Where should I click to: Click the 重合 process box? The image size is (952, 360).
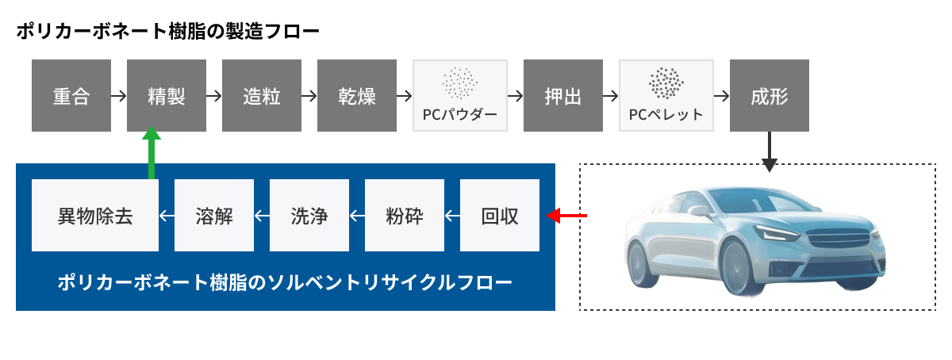click(x=71, y=96)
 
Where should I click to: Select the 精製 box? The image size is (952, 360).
click(x=167, y=96)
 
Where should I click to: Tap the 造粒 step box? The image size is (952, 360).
click(x=262, y=96)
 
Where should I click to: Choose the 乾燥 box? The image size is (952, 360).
click(x=357, y=96)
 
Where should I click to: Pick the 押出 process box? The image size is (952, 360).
click(x=563, y=96)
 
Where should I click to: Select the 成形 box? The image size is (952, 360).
click(x=770, y=96)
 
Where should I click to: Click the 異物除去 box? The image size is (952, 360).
click(x=95, y=216)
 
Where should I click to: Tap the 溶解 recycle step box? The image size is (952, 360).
click(x=214, y=216)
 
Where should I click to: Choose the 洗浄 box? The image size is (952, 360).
click(x=309, y=216)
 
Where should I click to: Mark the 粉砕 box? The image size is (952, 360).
click(x=405, y=216)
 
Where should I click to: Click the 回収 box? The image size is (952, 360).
click(x=500, y=216)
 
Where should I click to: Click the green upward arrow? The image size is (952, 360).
click(x=152, y=155)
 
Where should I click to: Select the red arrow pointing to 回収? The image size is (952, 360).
click(x=566, y=215)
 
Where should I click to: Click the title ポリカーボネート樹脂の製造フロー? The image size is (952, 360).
click(x=167, y=33)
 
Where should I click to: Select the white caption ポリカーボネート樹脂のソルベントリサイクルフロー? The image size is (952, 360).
click(x=285, y=282)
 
